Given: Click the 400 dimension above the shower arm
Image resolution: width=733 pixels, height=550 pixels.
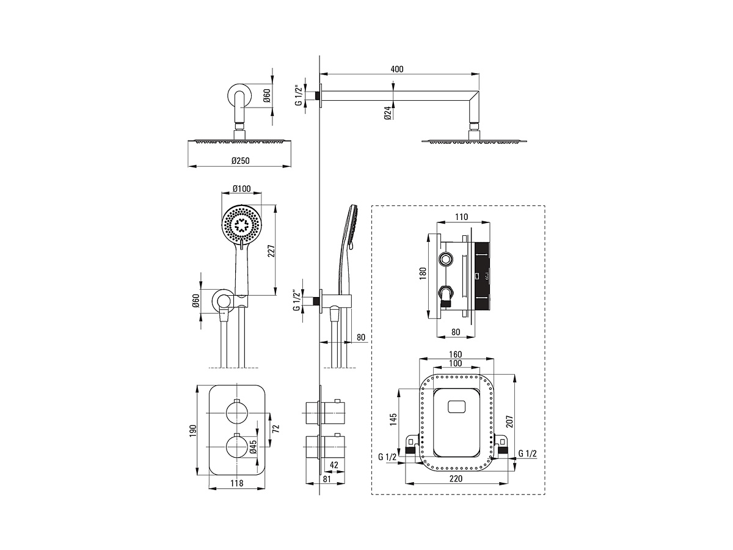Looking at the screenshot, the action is point(396,69).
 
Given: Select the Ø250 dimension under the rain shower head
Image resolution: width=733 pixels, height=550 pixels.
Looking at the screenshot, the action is point(241,161).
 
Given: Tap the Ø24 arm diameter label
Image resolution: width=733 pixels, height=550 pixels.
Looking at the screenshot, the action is point(387,113).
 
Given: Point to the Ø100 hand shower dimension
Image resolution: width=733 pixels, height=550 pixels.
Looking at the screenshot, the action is point(241,189).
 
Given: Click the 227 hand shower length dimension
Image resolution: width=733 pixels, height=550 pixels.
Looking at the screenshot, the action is point(271,251).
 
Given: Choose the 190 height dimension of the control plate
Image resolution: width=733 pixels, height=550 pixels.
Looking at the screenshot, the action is point(193,430).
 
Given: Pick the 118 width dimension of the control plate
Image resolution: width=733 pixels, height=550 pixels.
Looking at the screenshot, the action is point(237,483).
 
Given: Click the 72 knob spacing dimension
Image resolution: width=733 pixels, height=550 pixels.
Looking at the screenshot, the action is point(275,428).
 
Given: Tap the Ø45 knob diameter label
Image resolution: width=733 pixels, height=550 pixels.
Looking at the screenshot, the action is point(253,446).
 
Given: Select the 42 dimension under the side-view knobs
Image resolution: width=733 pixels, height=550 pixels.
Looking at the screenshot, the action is point(334,464).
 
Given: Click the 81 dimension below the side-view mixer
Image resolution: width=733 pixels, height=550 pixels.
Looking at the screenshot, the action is point(326,479).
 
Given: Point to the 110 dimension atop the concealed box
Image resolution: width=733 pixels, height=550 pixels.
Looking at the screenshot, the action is point(461,217).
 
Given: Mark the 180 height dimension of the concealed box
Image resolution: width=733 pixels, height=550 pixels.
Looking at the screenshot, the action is point(423,274).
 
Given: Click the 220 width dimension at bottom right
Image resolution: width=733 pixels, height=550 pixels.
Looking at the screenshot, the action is point(456,479).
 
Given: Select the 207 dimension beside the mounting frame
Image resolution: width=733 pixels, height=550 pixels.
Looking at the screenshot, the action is point(509,422).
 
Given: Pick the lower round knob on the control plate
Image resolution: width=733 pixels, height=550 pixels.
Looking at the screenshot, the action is point(236,447).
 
